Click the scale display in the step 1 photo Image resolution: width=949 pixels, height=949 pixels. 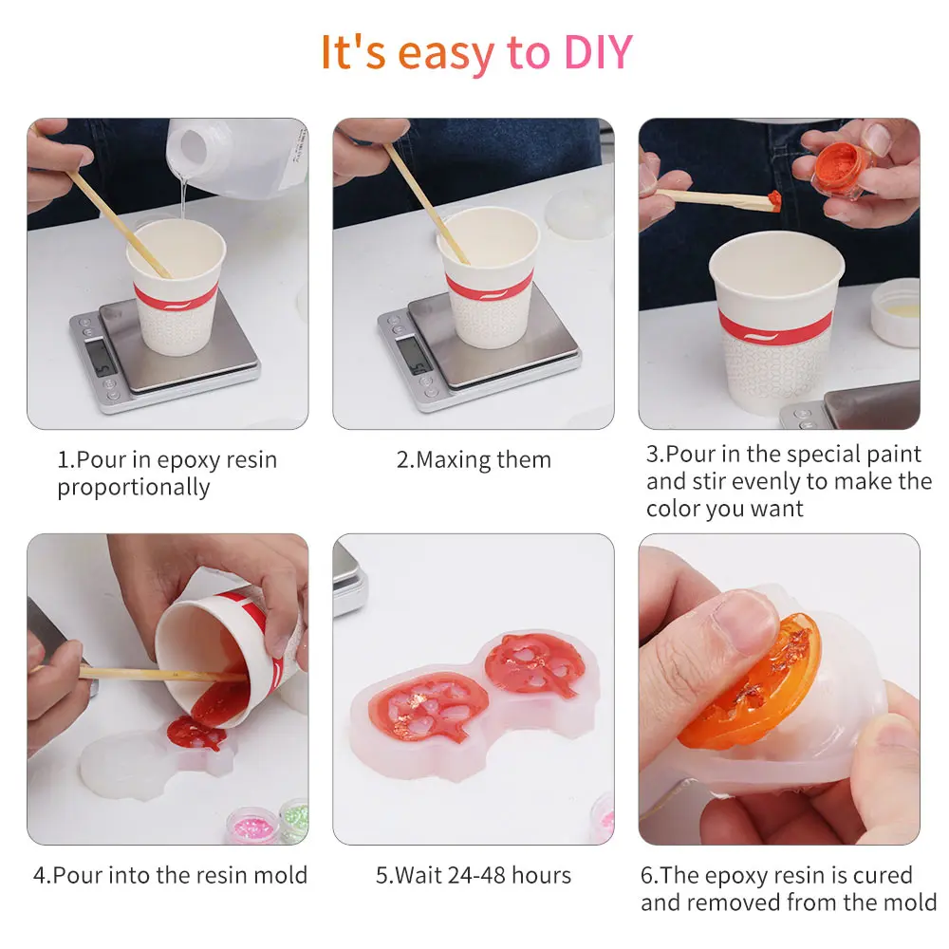[x=98, y=357]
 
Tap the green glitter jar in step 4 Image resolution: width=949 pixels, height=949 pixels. [x=294, y=817]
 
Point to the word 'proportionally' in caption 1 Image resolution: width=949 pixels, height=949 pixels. [x=133, y=488]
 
